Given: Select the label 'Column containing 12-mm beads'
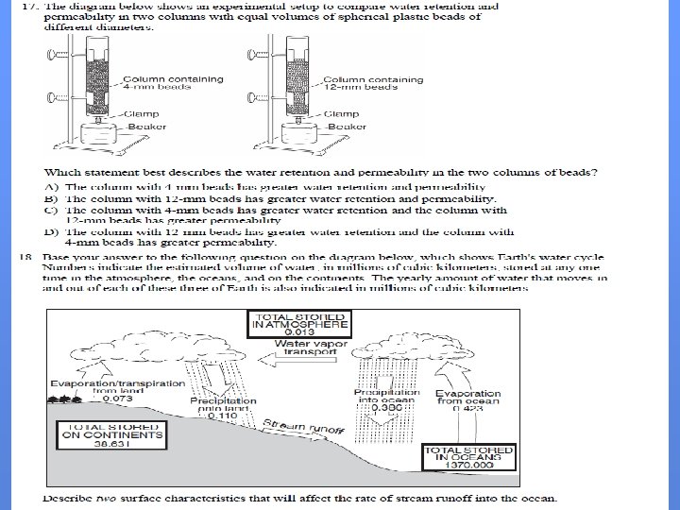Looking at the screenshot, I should coord(366,83).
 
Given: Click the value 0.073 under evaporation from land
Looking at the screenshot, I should coord(118,399).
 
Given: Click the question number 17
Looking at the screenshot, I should coord(28,7).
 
